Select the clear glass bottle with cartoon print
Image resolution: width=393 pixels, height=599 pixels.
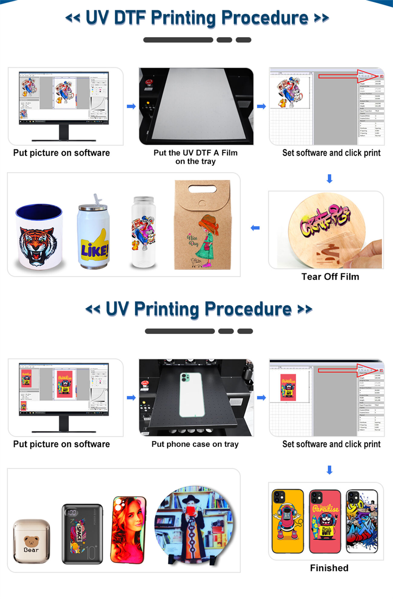(144, 233)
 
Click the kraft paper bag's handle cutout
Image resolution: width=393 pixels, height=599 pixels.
(202, 189)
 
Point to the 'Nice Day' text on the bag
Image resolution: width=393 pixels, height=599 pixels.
(193, 241)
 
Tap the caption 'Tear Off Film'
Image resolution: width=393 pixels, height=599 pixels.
(330, 277)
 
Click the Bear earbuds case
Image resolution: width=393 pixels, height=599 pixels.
(31, 541)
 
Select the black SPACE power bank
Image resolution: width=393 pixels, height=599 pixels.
(82, 534)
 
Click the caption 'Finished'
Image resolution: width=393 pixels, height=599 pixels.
(329, 568)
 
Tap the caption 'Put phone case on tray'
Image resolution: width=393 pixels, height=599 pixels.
(195, 444)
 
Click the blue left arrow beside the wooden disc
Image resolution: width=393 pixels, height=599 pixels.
(255, 228)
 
